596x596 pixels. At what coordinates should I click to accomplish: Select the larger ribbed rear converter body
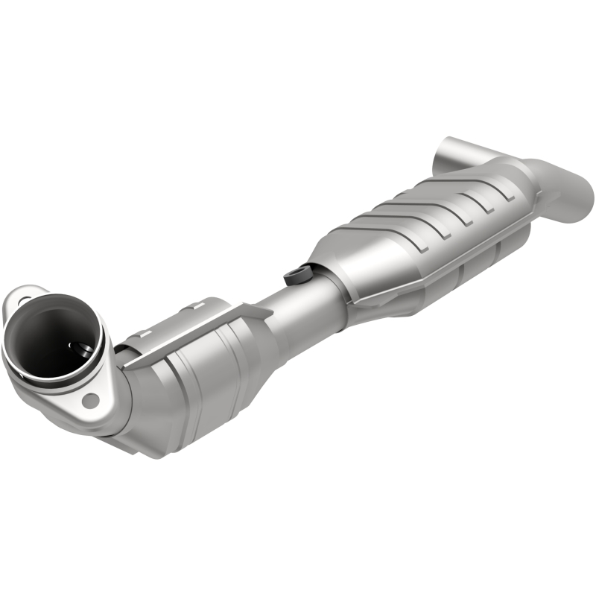[417, 238]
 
